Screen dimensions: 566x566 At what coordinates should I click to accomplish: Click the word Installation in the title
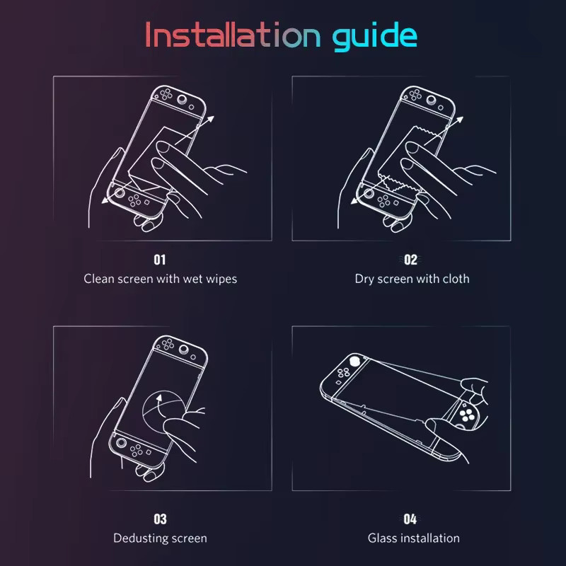coord(233,35)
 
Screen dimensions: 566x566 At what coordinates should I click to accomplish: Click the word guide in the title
coord(375,36)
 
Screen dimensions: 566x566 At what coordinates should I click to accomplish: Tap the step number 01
coord(160,260)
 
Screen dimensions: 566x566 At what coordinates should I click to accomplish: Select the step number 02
coord(410,260)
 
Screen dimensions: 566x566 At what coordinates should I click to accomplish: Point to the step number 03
coord(160,519)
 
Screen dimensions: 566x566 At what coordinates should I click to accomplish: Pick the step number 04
coord(410,519)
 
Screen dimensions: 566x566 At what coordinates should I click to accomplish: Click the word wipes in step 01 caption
coord(221,279)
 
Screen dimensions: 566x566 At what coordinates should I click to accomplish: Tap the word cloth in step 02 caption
coord(456,279)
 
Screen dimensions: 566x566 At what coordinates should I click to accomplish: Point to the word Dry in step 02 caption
coord(364,279)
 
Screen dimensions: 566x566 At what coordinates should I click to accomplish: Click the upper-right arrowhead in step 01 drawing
coord(209,120)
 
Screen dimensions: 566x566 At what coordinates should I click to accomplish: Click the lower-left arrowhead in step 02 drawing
coord(354,200)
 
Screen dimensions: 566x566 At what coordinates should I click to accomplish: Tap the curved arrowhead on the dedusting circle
coord(158,398)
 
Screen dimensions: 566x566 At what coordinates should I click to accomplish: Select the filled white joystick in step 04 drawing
coord(355,360)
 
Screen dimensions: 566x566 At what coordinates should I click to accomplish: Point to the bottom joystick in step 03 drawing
coord(120,442)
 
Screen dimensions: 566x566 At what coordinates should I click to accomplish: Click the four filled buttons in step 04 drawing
coord(467,416)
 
